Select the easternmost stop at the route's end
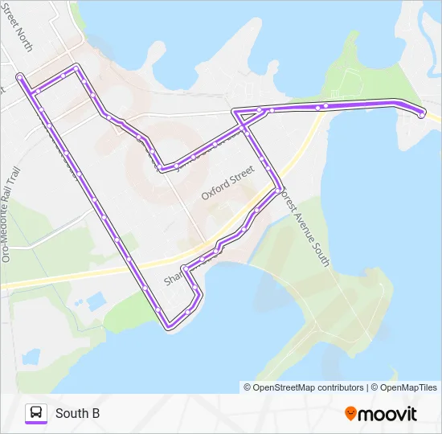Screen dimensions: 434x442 point(422,116)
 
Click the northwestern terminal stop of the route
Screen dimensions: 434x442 point(18,77)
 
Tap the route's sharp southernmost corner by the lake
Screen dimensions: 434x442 point(168,325)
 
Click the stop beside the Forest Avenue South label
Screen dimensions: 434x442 point(279,190)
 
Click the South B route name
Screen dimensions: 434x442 point(77,413)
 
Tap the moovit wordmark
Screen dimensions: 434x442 point(388,415)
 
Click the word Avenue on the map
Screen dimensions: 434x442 point(304,221)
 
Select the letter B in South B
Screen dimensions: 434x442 point(96,413)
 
